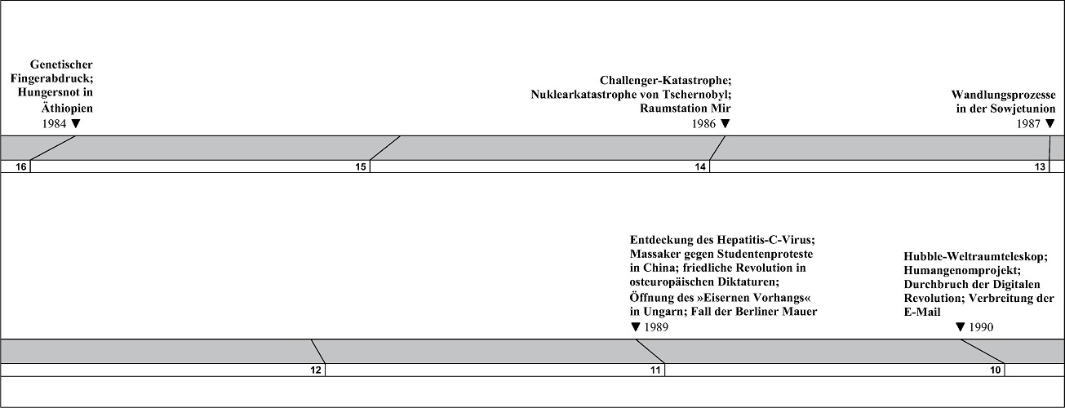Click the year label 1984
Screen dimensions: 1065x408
click(x=54, y=124)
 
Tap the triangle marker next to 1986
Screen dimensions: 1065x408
click(x=725, y=124)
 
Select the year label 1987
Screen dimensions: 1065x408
click(x=1028, y=124)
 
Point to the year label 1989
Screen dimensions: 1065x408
click(x=656, y=327)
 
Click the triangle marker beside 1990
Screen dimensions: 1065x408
click(x=961, y=327)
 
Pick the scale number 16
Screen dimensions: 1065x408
click(x=21, y=167)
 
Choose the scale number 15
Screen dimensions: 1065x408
click(x=361, y=167)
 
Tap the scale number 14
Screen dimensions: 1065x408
click(x=700, y=167)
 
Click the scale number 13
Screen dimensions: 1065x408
click(x=1041, y=167)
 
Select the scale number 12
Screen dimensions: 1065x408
click(x=316, y=370)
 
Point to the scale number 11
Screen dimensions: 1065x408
click(x=655, y=370)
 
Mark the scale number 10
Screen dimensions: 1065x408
click(x=996, y=370)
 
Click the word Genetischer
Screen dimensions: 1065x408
click(x=61, y=64)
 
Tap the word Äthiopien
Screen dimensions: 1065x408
click(x=67, y=108)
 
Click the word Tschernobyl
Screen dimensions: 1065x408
click(x=698, y=95)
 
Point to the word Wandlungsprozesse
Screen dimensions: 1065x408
click(x=1004, y=95)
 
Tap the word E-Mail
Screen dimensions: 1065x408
click(x=922, y=313)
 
